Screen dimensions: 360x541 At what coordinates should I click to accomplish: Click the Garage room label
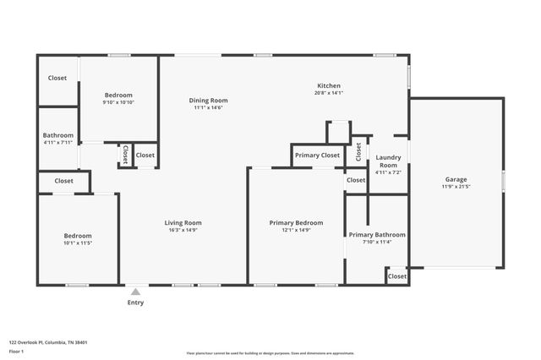456,179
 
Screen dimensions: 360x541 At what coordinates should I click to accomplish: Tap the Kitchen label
329,86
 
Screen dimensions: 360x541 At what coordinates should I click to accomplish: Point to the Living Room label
183,223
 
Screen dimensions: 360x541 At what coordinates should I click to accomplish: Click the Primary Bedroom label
296,223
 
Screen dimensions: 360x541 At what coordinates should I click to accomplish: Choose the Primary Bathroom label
377,235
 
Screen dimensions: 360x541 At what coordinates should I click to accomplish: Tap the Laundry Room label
389,161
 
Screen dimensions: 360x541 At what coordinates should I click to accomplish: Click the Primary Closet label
318,155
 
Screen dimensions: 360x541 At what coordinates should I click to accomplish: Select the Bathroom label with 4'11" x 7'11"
58,135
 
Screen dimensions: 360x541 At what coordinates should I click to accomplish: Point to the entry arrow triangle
135,292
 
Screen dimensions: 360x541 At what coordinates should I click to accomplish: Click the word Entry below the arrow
135,303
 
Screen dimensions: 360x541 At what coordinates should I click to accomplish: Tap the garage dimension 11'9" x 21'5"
456,187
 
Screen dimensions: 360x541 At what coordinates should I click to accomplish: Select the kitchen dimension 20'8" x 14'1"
329,94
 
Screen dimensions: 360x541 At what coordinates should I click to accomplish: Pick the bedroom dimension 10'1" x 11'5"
78,243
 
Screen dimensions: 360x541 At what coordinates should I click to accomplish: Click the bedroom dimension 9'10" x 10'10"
119,102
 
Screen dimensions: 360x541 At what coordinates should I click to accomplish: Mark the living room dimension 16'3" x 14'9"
183,231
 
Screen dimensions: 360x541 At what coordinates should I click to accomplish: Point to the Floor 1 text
17,351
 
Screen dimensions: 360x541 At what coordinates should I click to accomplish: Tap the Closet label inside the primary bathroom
396,276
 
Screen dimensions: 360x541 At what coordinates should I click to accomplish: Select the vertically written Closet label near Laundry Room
358,151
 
